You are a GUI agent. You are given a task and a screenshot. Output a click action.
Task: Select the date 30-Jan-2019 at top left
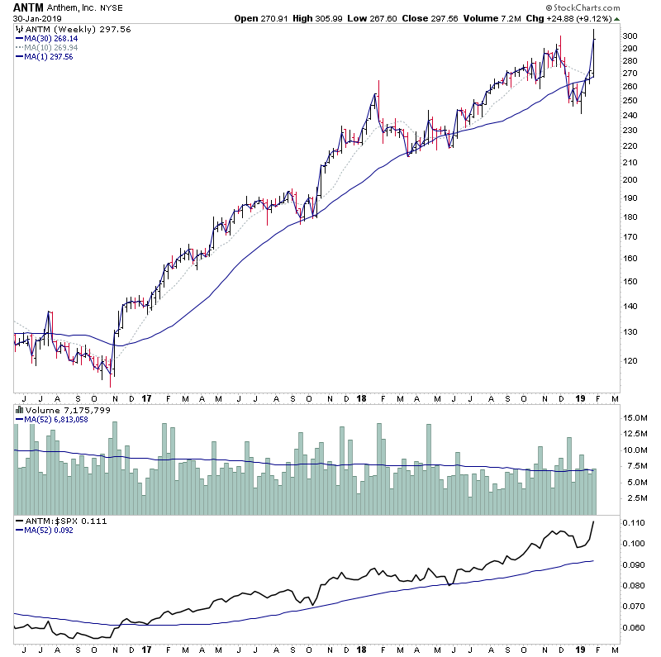click(x=32, y=20)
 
